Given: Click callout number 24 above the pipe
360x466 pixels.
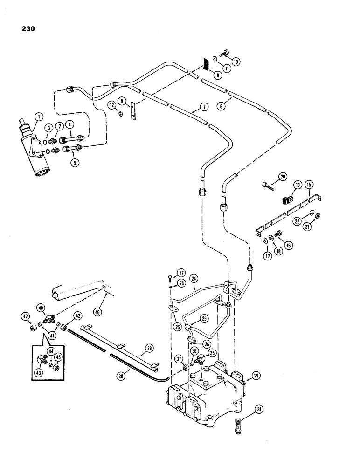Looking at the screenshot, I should [194, 278].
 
